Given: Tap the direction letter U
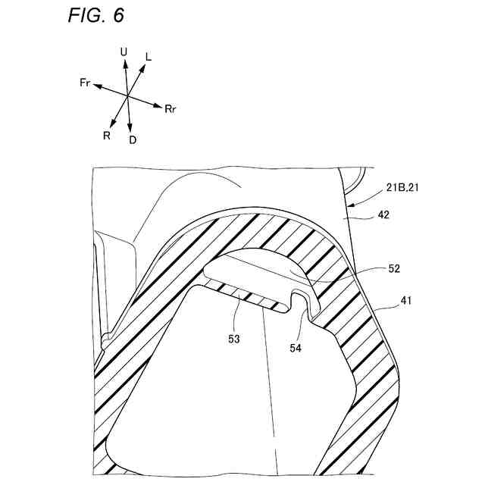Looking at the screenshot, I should point(124,52).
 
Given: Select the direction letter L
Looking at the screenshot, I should point(148,56).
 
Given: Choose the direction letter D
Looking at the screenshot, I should point(133,140).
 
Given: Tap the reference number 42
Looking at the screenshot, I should point(385,215).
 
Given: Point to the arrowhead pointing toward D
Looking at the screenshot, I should point(132,129).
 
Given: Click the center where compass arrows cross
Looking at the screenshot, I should point(127,96).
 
